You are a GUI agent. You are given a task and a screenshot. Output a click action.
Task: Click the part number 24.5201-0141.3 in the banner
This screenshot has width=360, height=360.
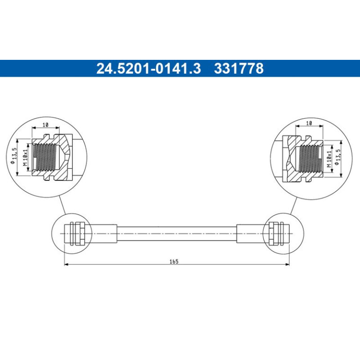[x=149, y=68]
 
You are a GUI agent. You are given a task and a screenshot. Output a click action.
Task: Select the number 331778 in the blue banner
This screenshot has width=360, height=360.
[x=239, y=68]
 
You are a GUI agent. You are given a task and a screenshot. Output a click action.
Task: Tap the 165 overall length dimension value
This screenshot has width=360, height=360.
[x=174, y=261]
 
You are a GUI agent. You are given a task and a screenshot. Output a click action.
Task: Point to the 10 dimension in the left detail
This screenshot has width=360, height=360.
[x=45, y=125]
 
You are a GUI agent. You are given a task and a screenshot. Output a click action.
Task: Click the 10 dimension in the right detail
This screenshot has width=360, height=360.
[x=309, y=123]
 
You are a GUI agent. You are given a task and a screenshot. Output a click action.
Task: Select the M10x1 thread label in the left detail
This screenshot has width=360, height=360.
[x=25, y=157]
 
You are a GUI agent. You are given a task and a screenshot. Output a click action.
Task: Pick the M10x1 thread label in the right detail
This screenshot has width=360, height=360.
[x=329, y=159]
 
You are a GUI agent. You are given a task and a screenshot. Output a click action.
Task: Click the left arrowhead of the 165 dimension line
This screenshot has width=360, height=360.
[x=66, y=265]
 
